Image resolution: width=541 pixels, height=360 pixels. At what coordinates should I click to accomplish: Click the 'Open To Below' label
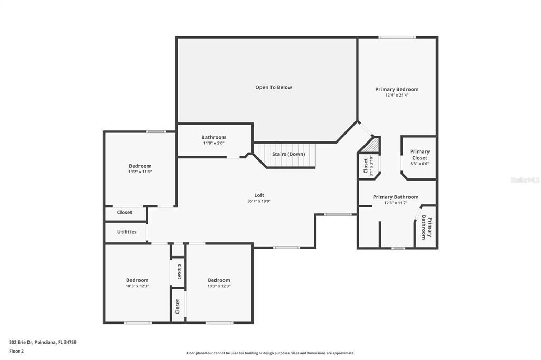pos(273,87)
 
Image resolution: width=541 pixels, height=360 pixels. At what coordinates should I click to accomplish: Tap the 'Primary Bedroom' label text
pos(397,89)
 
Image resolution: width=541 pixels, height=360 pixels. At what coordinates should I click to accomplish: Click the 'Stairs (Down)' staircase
pos(288,154)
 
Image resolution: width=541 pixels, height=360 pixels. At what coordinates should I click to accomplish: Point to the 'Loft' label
pos(259,195)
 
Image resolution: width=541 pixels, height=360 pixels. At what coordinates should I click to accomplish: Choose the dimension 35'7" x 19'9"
pos(259,201)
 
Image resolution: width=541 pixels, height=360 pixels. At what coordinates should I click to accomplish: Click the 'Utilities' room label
pos(127,232)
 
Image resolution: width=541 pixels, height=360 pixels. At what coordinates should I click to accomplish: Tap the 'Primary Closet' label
pos(420,155)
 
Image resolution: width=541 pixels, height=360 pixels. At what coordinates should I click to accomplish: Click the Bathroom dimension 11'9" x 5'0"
pos(213,143)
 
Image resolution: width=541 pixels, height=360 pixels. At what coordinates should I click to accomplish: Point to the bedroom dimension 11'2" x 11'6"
pos(139,172)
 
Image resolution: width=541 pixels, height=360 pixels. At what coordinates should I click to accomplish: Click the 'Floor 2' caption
pos(16,350)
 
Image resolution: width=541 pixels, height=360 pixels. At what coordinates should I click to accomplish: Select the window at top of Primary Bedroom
pos(397,37)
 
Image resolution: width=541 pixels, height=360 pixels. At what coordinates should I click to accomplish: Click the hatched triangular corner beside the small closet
pos(375,145)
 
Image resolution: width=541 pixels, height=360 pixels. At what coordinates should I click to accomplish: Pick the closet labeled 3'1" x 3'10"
pos(368,166)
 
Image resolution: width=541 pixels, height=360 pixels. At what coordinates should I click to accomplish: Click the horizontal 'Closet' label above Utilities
pos(125,212)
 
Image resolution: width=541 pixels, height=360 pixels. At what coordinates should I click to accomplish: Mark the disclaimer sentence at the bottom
pos(270,353)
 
